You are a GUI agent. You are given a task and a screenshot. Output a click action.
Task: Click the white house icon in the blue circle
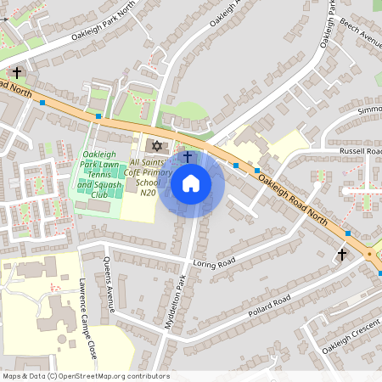[191, 183]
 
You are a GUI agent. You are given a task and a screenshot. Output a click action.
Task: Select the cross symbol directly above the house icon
[187, 158]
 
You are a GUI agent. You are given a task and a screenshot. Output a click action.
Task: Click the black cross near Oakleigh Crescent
[342, 254]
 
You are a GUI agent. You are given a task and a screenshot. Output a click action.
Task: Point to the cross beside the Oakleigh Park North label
[17, 73]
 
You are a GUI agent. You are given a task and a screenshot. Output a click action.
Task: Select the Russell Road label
[360, 151]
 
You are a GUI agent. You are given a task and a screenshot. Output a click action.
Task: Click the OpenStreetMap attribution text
[86, 375]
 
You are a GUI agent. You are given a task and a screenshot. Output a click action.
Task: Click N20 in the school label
[146, 193]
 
